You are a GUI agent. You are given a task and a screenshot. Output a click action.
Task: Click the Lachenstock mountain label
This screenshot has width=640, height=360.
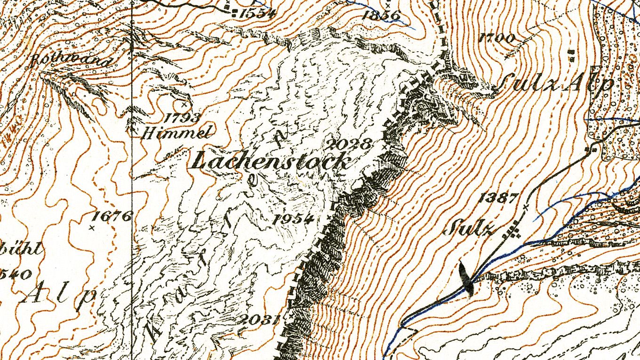tap(272, 161)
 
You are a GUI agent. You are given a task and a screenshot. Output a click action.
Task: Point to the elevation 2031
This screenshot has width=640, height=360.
tap(257, 320)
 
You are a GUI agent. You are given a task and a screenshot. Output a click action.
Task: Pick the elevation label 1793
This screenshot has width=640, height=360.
tap(183, 118)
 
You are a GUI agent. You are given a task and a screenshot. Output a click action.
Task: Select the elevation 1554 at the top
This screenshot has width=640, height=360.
tap(257, 13)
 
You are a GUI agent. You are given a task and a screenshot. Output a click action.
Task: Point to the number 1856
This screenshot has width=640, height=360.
tap(381, 15)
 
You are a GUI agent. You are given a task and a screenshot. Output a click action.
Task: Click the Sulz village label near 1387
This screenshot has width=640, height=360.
tap(469, 229)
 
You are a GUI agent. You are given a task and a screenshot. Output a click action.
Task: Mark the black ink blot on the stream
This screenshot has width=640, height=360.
tap(466, 279)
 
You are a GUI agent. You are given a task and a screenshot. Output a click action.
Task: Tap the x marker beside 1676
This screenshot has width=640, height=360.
tap(91, 227)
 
